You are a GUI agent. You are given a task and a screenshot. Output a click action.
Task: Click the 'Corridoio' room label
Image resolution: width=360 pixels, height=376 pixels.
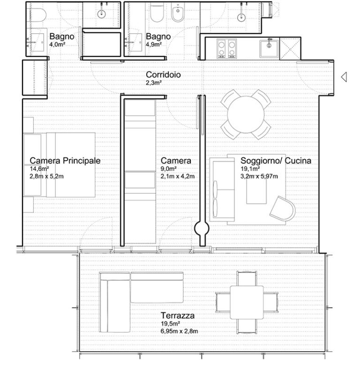(163, 74)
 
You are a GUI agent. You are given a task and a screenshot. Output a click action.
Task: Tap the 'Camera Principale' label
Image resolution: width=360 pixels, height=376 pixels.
(65, 161)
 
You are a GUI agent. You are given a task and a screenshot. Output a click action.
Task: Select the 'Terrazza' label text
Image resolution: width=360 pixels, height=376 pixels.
(178, 316)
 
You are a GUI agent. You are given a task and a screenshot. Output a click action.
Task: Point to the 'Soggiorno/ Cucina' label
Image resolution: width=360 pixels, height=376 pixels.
(276, 161)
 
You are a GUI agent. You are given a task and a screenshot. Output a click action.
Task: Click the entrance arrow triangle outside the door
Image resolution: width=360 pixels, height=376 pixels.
(344, 77)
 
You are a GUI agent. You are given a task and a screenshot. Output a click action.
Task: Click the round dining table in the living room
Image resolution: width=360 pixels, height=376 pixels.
(246, 115)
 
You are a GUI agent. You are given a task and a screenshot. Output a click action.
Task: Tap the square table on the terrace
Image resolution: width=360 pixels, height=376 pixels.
(247, 302)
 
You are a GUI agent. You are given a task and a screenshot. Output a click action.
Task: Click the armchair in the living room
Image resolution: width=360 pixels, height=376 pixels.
(283, 209)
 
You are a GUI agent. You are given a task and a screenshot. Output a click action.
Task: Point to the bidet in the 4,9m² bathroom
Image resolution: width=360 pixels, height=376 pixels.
(178, 13)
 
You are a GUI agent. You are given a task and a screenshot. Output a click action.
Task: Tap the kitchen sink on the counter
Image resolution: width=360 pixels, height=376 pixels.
(269, 49)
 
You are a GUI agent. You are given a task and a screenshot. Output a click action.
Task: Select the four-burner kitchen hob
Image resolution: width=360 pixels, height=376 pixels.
(226, 48)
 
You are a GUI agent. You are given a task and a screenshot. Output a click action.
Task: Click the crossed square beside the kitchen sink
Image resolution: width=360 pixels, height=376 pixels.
(290, 48)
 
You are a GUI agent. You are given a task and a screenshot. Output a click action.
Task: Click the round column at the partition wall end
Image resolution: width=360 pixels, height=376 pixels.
(202, 229)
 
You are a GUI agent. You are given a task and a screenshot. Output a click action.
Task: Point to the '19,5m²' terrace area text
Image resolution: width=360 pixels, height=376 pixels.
(171, 324)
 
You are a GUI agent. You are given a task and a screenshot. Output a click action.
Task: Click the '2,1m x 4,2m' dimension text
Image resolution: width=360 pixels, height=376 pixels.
(178, 177)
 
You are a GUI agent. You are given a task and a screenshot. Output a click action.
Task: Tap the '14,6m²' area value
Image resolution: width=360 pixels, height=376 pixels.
(39, 169)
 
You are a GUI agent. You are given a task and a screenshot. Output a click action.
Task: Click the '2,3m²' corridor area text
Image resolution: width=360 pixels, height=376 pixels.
(154, 83)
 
